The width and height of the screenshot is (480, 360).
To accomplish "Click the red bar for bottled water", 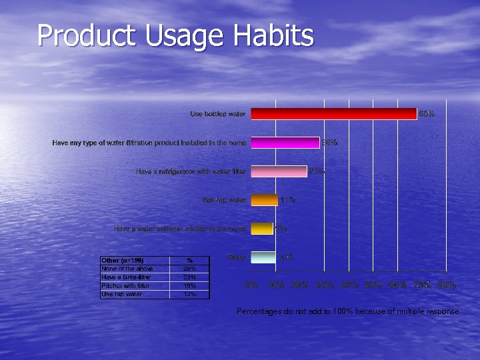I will pyautogui.click(x=333, y=114).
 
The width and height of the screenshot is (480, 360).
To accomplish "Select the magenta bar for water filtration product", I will pyautogui.click(x=285, y=143).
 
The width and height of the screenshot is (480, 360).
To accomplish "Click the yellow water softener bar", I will pyautogui.click(x=261, y=229).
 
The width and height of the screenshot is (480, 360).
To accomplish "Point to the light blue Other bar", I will pyautogui.click(x=263, y=257).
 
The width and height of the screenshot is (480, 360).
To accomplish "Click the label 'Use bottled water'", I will pyautogui.click(x=218, y=114).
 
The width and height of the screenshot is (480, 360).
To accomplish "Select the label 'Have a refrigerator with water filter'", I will pyautogui.click(x=191, y=171).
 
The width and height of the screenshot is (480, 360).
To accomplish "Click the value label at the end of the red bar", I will pyautogui.click(x=427, y=114).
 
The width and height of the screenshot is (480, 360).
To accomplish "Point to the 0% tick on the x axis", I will pyautogui.click(x=252, y=285).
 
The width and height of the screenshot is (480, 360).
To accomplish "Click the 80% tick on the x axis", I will pyautogui.click(x=447, y=285).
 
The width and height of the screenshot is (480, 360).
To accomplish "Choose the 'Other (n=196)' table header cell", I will pyautogui.click(x=123, y=260).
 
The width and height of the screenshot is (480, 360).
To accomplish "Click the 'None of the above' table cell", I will pyautogui.click(x=127, y=268).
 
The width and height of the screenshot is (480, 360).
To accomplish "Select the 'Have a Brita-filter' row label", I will pyautogui.click(x=126, y=277).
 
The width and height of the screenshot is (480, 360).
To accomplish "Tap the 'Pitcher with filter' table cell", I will pyautogui.click(x=125, y=285).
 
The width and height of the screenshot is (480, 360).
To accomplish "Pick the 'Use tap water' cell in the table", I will pyautogui.click(x=121, y=294).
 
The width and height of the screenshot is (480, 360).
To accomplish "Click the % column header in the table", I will pyautogui.click(x=189, y=260).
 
